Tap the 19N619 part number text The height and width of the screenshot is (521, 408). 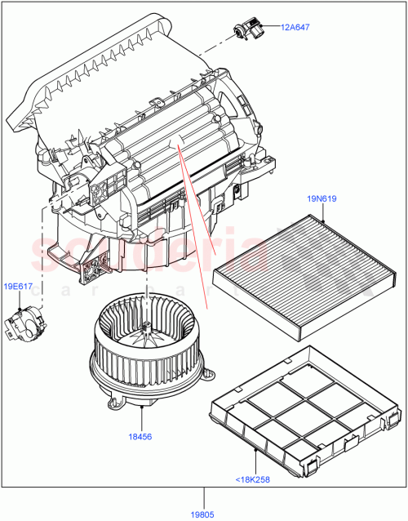(x=323, y=198)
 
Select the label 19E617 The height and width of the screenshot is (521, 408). (x=19, y=287)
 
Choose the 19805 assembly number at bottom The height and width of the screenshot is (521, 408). (x=204, y=513)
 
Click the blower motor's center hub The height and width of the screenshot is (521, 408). (x=146, y=329)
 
